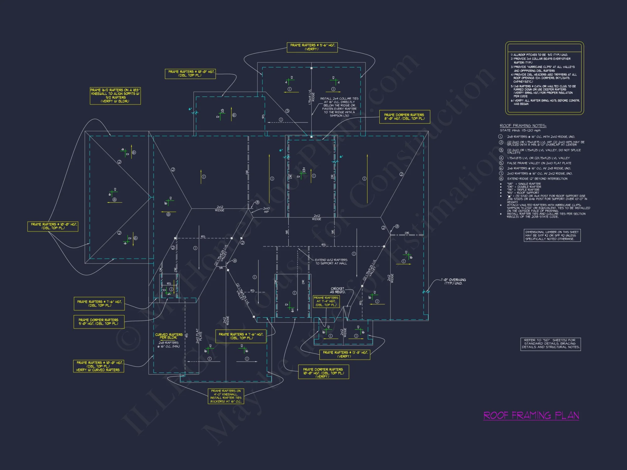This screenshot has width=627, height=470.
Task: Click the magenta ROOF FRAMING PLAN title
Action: coord(531,415)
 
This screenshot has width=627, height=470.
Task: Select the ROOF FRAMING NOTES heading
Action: coord(523,126)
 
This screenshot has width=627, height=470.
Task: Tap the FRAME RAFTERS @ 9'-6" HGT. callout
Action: coord(312,47)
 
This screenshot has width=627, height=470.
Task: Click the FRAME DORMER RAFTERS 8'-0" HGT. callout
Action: coord(404,117)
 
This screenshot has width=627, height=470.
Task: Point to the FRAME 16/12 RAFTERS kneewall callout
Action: coord(115,96)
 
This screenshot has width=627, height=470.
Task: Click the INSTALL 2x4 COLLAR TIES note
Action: coord(339,107)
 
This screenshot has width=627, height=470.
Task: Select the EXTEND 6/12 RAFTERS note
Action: coord(331,262)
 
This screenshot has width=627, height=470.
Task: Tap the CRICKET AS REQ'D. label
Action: coord(338,290)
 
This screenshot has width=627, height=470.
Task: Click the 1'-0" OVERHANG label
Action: coord(453,281)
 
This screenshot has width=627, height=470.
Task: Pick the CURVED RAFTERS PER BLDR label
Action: coord(169,336)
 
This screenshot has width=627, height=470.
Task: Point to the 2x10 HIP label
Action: coord(266,210)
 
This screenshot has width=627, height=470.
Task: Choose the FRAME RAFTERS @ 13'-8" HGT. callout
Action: coord(345,354)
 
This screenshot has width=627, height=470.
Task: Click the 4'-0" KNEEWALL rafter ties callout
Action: coord(226,396)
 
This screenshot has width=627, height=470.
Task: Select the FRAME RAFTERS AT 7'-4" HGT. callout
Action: coord(326,301)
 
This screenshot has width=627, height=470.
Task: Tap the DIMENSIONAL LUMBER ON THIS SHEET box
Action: coord(552,235)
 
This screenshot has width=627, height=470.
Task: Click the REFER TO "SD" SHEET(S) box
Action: coord(551,344)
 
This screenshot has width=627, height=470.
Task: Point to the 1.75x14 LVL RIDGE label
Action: coord(311,97)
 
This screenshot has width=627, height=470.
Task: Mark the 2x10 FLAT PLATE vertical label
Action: coord(199,336)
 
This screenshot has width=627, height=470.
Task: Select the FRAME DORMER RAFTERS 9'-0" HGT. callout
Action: coord(99,322)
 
